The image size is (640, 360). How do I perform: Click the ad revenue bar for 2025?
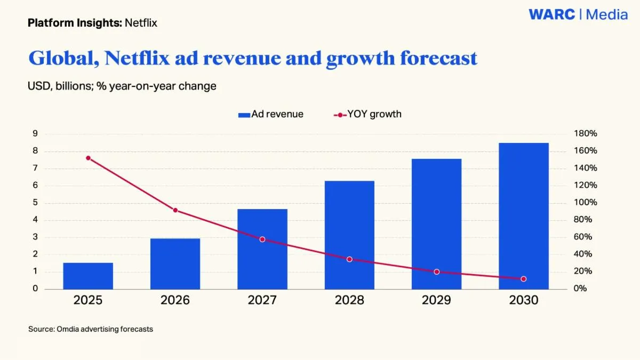[x=88, y=276]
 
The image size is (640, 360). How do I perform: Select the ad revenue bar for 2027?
[x=262, y=249]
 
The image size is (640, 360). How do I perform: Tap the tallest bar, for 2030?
[x=523, y=216]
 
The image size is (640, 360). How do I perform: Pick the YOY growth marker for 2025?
[x=88, y=158]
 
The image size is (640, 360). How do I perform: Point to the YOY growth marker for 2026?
[x=175, y=210]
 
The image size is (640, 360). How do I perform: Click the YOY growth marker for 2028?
[x=349, y=259]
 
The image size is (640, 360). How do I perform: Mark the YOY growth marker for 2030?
[x=523, y=279]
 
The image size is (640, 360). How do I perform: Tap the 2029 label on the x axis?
[x=436, y=300]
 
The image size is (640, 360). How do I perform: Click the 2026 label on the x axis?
[x=175, y=300]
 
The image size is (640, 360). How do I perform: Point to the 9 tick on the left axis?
[x=35, y=134]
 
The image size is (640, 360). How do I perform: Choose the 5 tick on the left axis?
[x=35, y=203]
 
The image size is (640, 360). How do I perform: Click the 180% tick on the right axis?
[x=586, y=134]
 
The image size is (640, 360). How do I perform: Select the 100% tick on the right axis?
[x=586, y=203]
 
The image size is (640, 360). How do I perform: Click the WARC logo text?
[x=552, y=14]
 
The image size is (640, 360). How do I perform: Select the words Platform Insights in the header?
[x=75, y=23]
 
